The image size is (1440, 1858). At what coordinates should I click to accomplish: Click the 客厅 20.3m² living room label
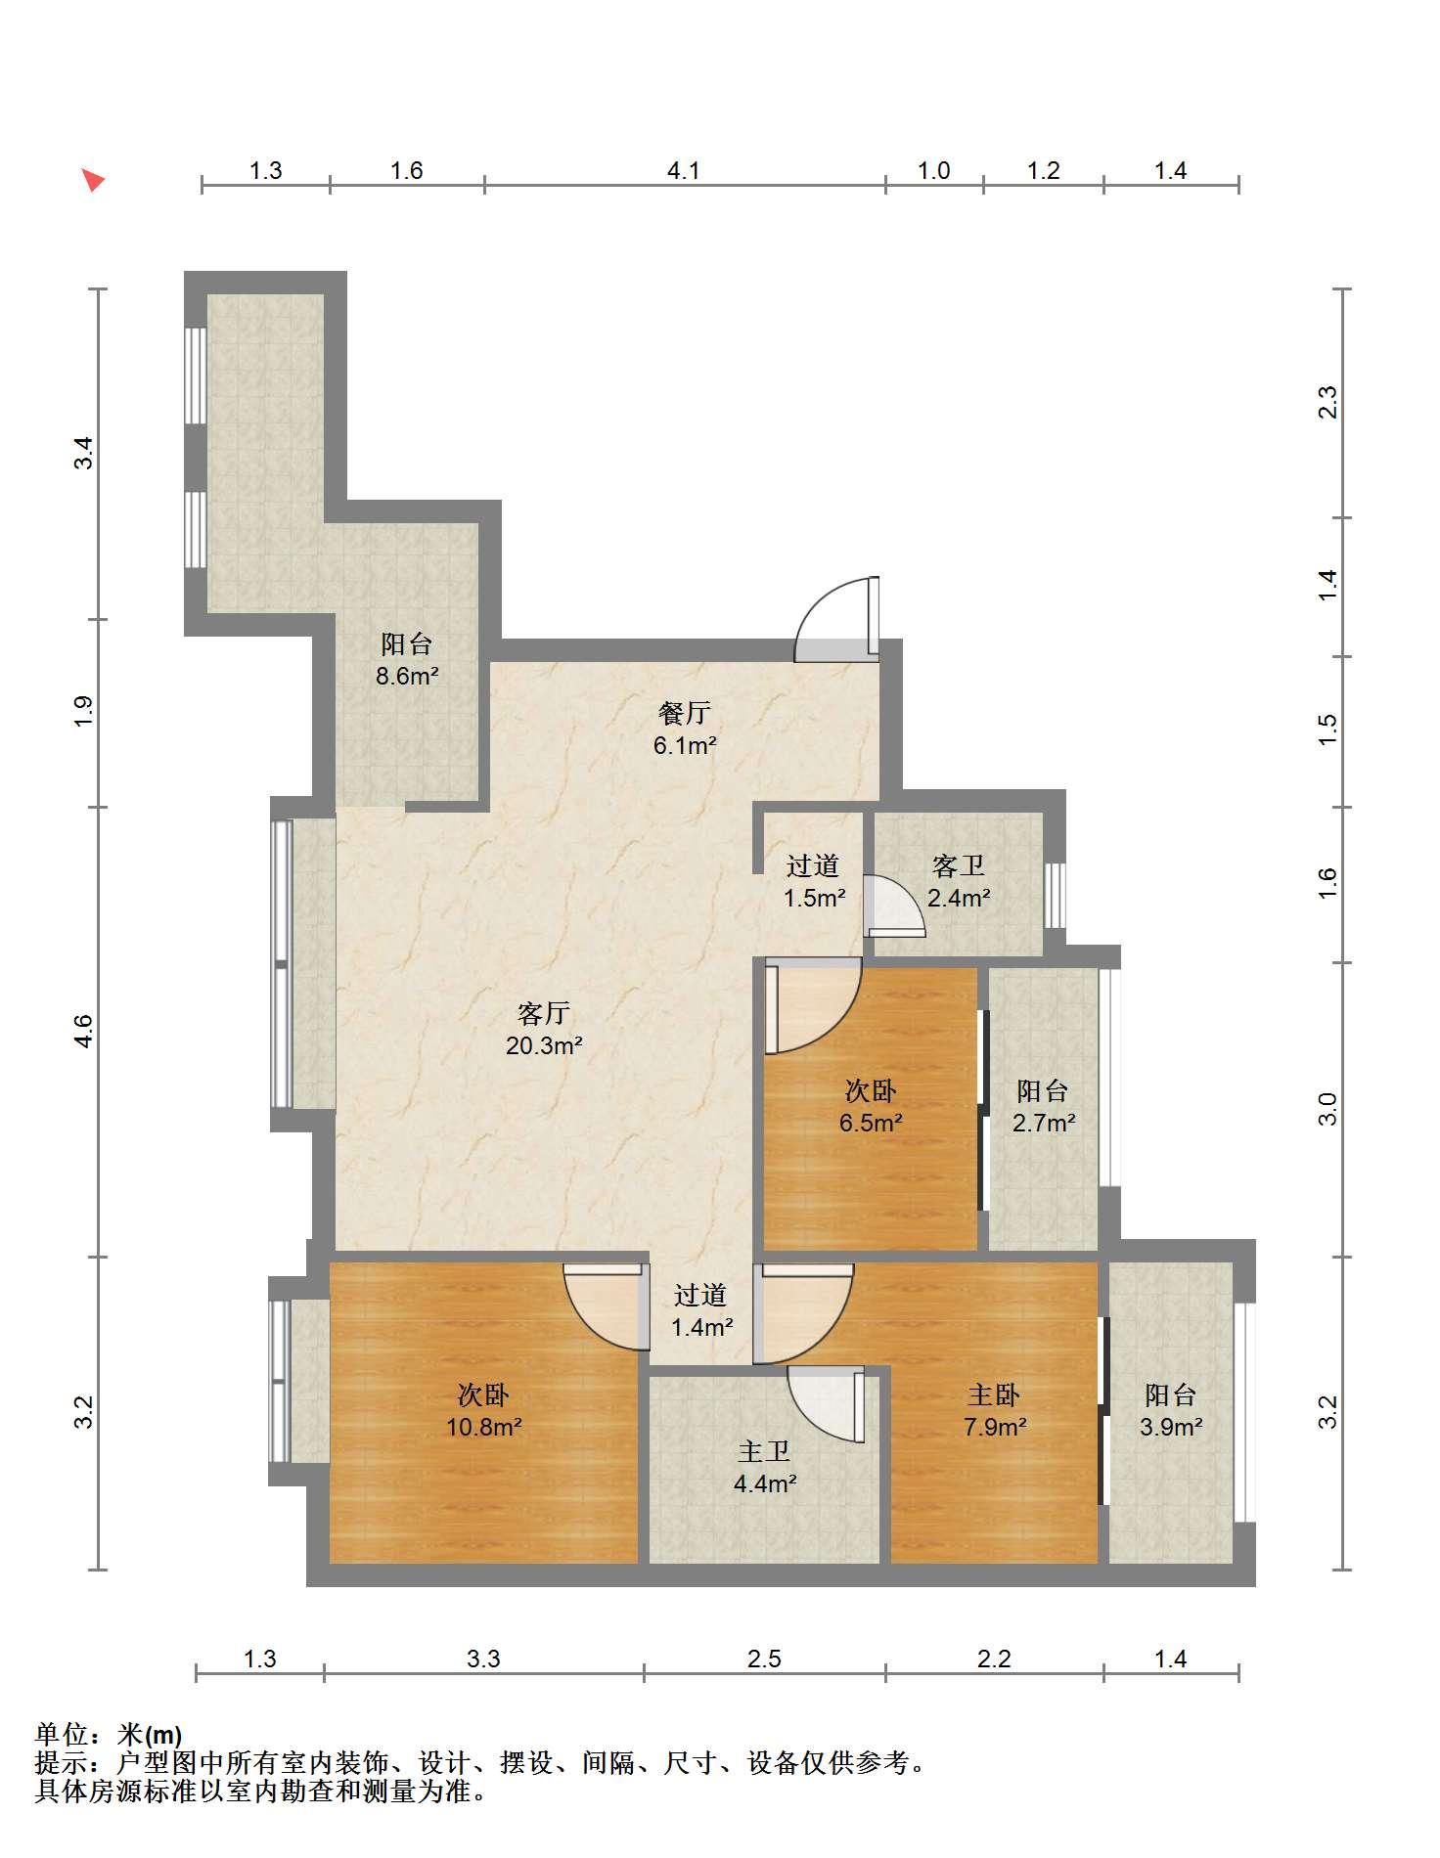(544, 1029)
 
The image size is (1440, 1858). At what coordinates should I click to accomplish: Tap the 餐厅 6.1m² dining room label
(685, 729)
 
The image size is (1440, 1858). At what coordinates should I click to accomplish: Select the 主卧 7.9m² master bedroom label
(994, 1410)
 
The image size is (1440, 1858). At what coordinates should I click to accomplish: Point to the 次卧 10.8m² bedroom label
(483, 1410)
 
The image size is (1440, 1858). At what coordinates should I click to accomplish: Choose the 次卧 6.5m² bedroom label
(871, 1106)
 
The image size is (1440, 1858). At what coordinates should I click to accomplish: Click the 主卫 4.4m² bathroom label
(764, 1467)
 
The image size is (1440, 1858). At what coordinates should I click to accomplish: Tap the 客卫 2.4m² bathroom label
(959, 880)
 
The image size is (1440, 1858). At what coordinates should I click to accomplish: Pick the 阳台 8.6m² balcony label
(407, 659)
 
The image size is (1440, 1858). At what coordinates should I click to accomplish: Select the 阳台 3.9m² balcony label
(1170, 1410)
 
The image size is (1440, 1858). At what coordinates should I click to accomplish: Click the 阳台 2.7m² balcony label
(1043, 1106)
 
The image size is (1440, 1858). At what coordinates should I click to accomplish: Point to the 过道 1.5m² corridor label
(814, 880)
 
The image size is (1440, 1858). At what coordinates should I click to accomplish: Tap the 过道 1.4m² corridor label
(701, 1310)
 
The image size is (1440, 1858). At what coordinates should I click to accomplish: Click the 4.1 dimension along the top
(684, 170)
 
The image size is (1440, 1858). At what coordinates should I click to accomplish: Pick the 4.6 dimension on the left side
(84, 1032)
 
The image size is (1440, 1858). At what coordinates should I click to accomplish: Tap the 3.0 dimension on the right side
(1327, 1110)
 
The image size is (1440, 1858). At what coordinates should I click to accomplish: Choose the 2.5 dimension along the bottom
(764, 1659)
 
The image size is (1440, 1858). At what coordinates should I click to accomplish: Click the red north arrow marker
(92, 180)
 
